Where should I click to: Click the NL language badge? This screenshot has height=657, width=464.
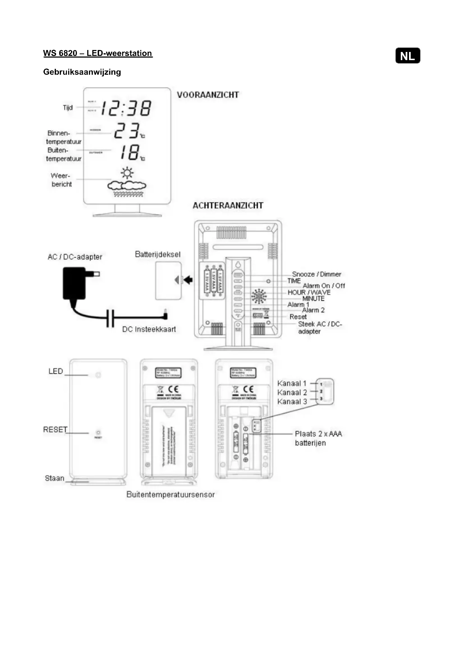(407, 56)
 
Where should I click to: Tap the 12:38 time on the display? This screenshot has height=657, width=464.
(126, 108)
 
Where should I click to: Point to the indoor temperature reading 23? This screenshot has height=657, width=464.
(127, 131)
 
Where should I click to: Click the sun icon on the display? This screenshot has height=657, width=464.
(127, 173)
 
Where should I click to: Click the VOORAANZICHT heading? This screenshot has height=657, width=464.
(208, 95)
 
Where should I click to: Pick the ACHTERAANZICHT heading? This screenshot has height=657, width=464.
(228, 205)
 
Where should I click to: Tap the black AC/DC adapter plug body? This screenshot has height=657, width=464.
(74, 283)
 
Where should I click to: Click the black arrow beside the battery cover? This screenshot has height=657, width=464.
(188, 279)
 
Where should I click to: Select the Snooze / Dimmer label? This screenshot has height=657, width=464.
(316, 274)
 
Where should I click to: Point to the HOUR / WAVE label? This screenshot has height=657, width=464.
(309, 292)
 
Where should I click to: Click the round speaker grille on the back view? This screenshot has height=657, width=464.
(259, 296)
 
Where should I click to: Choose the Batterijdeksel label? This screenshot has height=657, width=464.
(157, 254)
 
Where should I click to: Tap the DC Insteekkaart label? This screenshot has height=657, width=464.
(149, 329)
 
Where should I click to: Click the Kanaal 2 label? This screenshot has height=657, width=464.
(292, 392)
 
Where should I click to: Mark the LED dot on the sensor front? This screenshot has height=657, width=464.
(98, 375)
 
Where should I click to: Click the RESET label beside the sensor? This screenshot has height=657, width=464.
(55, 429)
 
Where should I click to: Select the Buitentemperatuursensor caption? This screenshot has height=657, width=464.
(171, 494)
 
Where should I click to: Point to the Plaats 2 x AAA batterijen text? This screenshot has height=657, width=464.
(318, 438)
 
